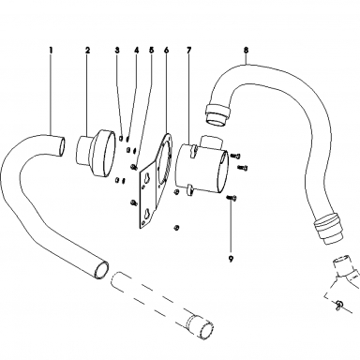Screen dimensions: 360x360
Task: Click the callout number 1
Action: click(51, 50)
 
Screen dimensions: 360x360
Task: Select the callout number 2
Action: click(87, 50)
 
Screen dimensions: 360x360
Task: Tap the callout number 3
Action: click(117, 50)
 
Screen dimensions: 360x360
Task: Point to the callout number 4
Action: click(137, 50)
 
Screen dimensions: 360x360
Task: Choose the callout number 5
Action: click(152, 50)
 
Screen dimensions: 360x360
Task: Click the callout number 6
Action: click(166, 50)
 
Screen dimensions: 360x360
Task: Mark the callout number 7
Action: click(189, 50)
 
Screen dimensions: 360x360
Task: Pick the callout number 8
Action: click(247, 50)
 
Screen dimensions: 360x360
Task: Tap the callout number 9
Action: click(231, 259)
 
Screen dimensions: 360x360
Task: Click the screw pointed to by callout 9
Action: click(232, 197)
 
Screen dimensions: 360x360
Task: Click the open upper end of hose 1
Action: click(62, 145)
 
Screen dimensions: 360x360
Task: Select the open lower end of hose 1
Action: click(101, 269)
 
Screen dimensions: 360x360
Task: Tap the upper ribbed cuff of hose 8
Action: click(217, 113)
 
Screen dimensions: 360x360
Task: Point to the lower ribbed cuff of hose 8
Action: click(328, 227)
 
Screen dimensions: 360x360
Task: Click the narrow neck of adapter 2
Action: click(83, 149)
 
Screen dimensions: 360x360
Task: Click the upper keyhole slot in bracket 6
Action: click(146, 177)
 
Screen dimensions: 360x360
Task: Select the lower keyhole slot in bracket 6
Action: click(147, 216)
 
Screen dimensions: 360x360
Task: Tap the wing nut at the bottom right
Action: click(339, 305)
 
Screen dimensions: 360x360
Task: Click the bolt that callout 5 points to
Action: click(135, 167)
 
